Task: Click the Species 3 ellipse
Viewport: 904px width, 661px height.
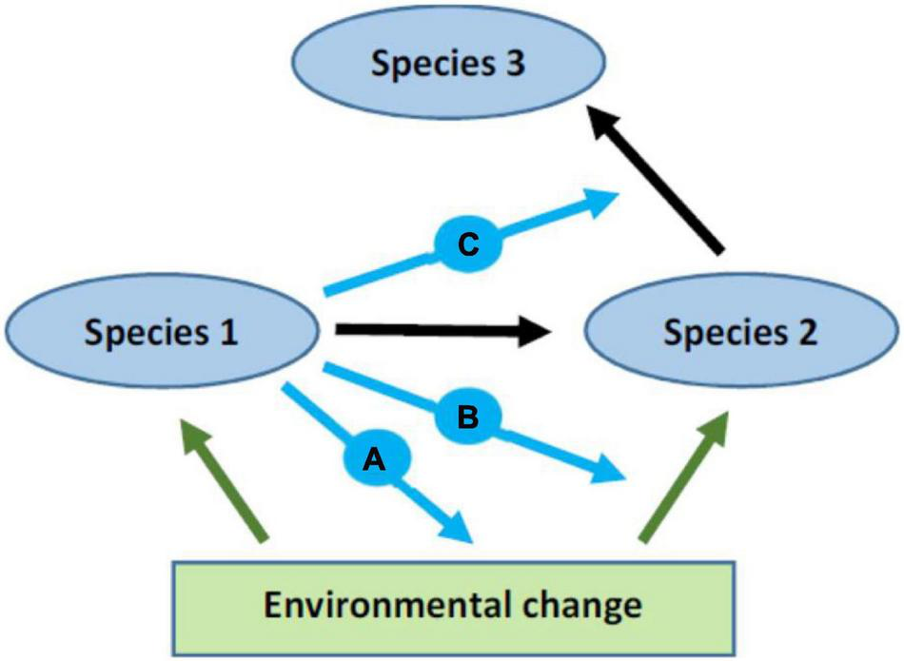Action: (x=448, y=64)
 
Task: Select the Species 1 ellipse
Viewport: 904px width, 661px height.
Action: (x=161, y=332)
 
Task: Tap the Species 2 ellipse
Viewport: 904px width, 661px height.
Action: (x=741, y=332)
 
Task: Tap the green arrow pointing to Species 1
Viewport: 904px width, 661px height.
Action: (x=225, y=485)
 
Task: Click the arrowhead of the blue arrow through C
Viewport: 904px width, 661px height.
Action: (x=599, y=203)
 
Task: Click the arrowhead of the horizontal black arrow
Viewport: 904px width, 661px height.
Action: (x=538, y=331)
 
